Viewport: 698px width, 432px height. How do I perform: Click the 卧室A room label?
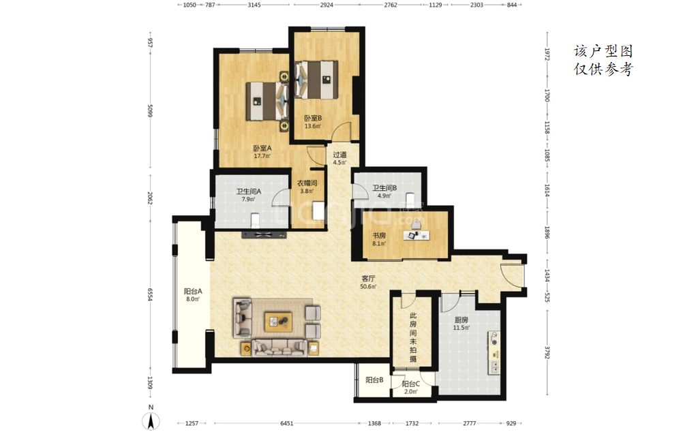pyautogui.click(x=262, y=148)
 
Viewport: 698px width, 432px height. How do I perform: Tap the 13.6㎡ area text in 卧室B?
pyautogui.click(x=312, y=126)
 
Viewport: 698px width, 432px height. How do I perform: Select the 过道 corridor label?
pyautogui.click(x=339, y=155)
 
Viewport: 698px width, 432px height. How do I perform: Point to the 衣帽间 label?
pyautogui.click(x=307, y=183)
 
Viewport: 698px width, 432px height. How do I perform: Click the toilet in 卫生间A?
pyautogui.click(x=255, y=220)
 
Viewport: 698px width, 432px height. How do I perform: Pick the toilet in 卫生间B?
pyautogui.click(x=410, y=198)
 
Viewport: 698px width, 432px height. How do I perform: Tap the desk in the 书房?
pyautogui.click(x=416, y=234)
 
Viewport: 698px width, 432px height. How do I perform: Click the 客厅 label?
pyautogui.click(x=368, y=279)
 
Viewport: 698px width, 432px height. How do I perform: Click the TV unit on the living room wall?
pyautogui.click(x=264, y=234)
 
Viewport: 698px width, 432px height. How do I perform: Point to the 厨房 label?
pyautogui.click(x=461, y=320)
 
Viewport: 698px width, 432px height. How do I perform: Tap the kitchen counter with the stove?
pyautogui.click(x=494, y=352)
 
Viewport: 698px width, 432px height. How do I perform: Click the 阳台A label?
pyautogui.click(x=193, y=292)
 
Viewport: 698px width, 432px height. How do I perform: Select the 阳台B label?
pyautogui.click(x=374, y=380)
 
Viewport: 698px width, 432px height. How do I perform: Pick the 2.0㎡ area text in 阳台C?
pyautogui.click(x=411, y=392)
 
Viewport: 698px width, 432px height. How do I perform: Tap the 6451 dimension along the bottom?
pyautogui.click(x=287, y=423)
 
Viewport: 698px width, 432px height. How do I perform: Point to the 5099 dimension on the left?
pyautogui.click(x=150, y=111)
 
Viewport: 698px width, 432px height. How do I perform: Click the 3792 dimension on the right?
pyautogui.click(x=547, y=352)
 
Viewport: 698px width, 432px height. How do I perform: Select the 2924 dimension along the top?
pyautogui.click(x=327, y=5)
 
